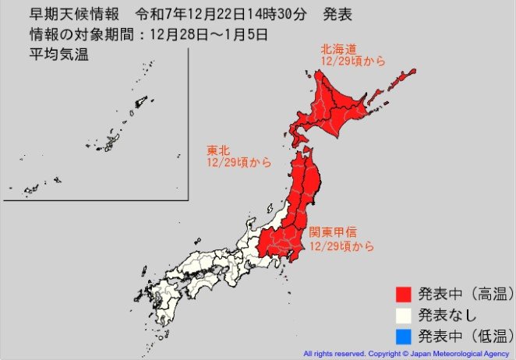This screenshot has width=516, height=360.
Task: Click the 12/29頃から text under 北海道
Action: [353, 61]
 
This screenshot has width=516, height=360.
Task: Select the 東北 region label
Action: [217, 150]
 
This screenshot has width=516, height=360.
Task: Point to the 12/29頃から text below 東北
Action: [239, 163]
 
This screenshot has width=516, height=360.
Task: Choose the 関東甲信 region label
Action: [334, 231]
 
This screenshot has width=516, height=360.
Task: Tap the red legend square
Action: [403, 295]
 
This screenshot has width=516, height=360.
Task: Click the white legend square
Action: [403, 316]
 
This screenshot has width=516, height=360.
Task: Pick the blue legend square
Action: [403, 337]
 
